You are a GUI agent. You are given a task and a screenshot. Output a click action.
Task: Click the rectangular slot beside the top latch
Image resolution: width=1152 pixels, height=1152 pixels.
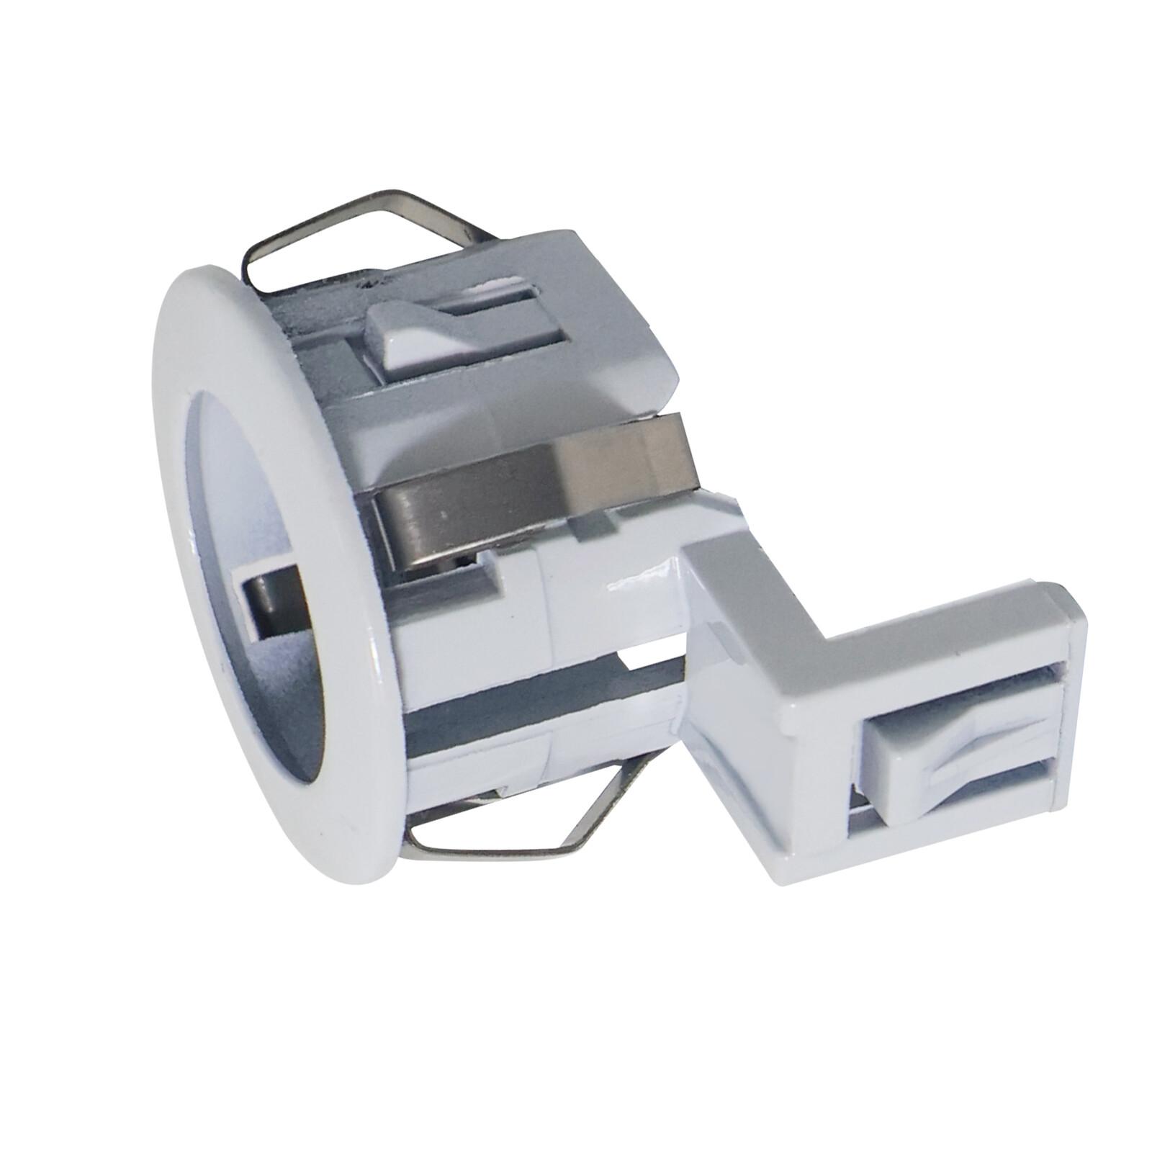coord(497,302)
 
